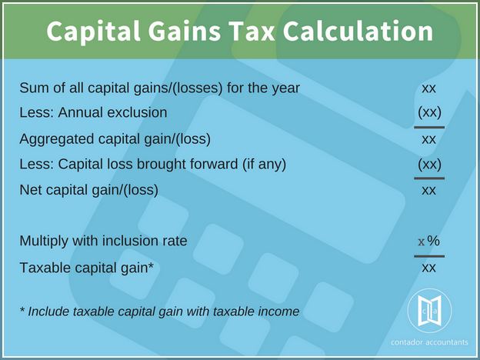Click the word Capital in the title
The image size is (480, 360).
93,32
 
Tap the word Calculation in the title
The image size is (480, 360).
358,31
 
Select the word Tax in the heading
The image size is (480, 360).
252,31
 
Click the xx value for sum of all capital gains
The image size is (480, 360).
428,88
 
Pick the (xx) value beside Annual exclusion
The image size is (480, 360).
429,112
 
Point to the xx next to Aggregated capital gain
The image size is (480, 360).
428,139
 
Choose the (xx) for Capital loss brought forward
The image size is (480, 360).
429,165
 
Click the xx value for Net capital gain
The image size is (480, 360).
428,191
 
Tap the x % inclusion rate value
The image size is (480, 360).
429,241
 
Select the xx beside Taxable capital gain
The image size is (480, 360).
428,268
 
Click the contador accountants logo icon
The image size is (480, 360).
429,311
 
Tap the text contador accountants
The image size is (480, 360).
429,342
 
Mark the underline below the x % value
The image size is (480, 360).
429,256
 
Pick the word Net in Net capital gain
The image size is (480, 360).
28,190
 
